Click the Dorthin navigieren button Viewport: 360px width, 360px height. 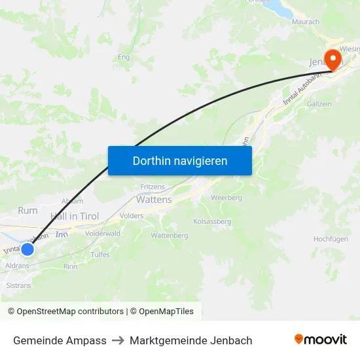180,160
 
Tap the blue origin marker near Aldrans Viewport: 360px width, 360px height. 27,249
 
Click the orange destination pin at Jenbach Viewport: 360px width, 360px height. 333,58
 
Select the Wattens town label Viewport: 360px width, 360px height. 154,200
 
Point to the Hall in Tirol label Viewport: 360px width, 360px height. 75,217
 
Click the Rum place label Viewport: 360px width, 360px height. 28,210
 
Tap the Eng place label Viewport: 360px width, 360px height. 123,58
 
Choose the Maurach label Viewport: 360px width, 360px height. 305,22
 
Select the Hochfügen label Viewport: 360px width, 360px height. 331,240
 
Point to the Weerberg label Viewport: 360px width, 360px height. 226,198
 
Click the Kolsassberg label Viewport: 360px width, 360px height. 213,222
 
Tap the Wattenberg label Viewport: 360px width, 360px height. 170,236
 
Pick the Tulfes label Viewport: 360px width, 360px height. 100,255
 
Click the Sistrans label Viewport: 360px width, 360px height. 18,285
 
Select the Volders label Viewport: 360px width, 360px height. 132,215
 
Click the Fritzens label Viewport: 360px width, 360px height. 153,187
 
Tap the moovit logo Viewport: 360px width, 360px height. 321,340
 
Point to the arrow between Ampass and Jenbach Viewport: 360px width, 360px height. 118,340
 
